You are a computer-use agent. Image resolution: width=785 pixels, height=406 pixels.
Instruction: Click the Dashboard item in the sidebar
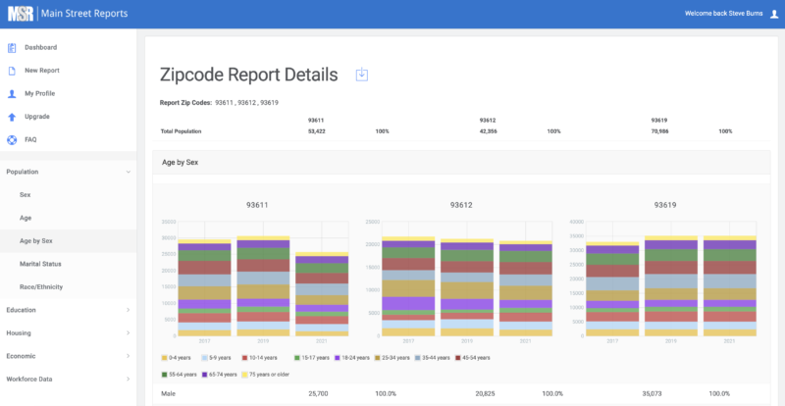tap(39, 47)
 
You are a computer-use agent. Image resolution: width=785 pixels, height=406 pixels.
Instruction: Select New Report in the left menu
tap(41, 71)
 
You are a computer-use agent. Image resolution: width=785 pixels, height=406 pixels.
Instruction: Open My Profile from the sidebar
tap(39, 93)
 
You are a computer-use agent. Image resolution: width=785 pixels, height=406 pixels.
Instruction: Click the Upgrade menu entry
tap(36, 117)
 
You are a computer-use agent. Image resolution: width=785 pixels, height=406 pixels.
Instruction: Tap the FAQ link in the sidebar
tap(30, 139)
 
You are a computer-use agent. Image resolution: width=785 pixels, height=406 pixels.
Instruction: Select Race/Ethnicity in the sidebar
tap(41, 286)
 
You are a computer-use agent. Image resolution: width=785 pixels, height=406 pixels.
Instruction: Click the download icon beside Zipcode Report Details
tap(361, 75)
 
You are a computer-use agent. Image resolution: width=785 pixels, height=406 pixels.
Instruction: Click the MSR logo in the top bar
tap(20, 14)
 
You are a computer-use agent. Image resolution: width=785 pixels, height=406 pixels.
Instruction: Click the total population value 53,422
tap(317, 130)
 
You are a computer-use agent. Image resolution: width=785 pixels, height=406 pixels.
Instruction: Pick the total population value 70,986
tap(660, 130)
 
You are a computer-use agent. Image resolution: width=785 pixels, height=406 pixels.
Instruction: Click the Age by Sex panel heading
tap(180, 162)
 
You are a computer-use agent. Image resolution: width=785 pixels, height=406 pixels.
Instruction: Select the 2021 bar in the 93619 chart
tap(729, 286)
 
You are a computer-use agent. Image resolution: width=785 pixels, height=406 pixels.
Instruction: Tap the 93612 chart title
tap(461, 205)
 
